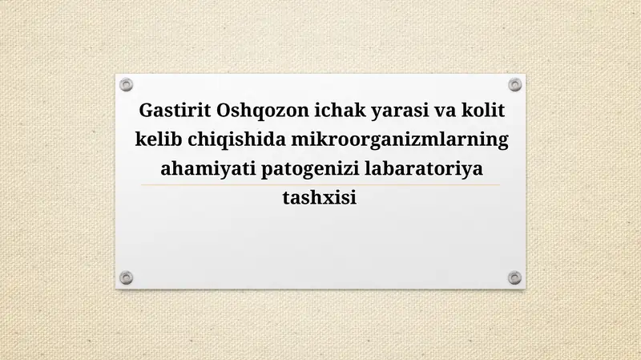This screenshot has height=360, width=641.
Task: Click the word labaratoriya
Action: tap(423, 168)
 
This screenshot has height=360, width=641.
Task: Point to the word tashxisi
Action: tap(320, 198)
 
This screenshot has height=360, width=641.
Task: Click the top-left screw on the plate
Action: tap(126, 85)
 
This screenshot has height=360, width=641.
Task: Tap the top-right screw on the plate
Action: tap(514, 85)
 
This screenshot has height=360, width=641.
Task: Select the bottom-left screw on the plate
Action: tap(126, 277)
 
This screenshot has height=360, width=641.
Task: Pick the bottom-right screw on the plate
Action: tap(514, 277)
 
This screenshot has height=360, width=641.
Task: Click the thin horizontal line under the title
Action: tap(320, 184)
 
